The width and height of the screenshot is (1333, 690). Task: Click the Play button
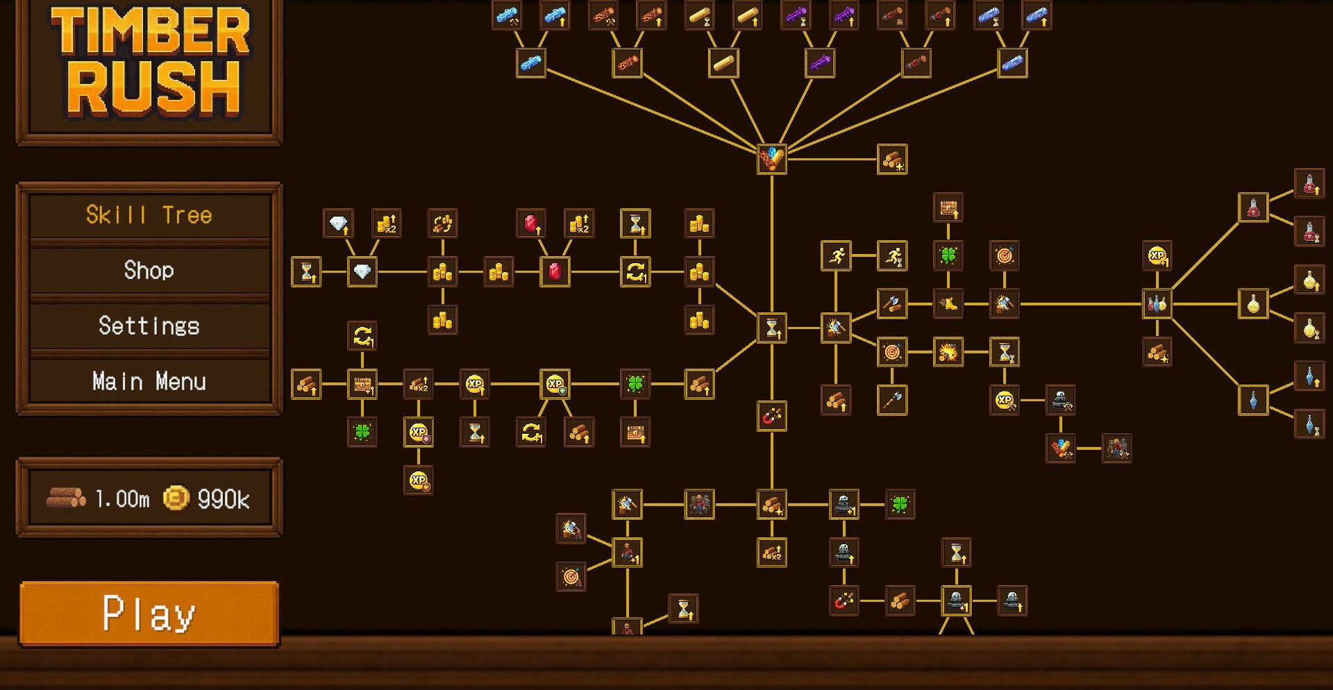[149, 614]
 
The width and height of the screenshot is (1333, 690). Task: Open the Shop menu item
[149, 270]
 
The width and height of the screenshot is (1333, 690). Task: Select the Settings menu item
[149, 326]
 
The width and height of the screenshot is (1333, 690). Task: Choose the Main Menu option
[149, 381]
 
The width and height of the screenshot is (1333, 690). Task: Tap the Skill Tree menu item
[149, 214]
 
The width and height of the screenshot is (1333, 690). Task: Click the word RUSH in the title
[154, 88]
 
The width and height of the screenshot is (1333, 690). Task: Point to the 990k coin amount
[224, 498]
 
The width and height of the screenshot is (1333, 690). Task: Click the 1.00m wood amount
[122, 498]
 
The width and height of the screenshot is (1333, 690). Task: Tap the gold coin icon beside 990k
[176, 498]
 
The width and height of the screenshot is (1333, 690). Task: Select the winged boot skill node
[948, 303]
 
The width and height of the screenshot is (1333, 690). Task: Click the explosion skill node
[948, 352]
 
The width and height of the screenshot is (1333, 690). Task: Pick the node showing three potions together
[1157, 303]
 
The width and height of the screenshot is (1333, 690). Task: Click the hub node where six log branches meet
[772, 159]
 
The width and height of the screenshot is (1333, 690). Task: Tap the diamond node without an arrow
[362, 271]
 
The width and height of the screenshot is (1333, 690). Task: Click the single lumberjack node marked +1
[628, 553]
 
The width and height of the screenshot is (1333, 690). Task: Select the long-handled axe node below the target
[892, 400]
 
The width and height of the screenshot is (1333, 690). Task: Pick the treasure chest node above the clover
[948, 208]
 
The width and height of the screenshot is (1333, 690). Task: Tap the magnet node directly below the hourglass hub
[772, 416]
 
